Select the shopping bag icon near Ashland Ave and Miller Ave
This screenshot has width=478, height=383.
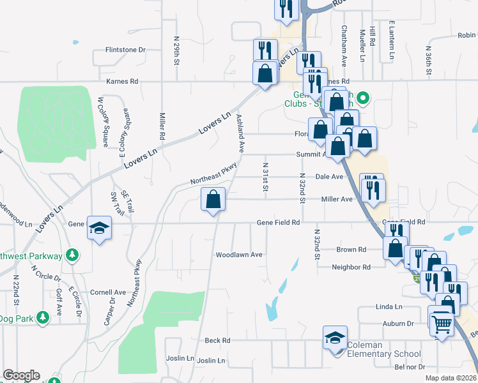click(x=213, y=200)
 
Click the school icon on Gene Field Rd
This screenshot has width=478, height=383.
click(x=100, y=229)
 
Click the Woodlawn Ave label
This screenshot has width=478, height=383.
click(x=239, y=255)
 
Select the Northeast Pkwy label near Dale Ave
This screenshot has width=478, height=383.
click(x=213, y=173)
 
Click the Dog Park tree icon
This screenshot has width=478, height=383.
click(x=43, y=317)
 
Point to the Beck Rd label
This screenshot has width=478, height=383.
click(x=217, y=341)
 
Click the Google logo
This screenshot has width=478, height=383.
click(x=21, y=375)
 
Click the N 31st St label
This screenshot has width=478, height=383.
click(x=264, y=176)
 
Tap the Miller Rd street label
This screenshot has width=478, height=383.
click(x=162, y=126)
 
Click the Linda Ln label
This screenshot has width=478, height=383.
click(x=389, y=307)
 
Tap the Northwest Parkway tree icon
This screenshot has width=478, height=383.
click(x=72, y=257)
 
